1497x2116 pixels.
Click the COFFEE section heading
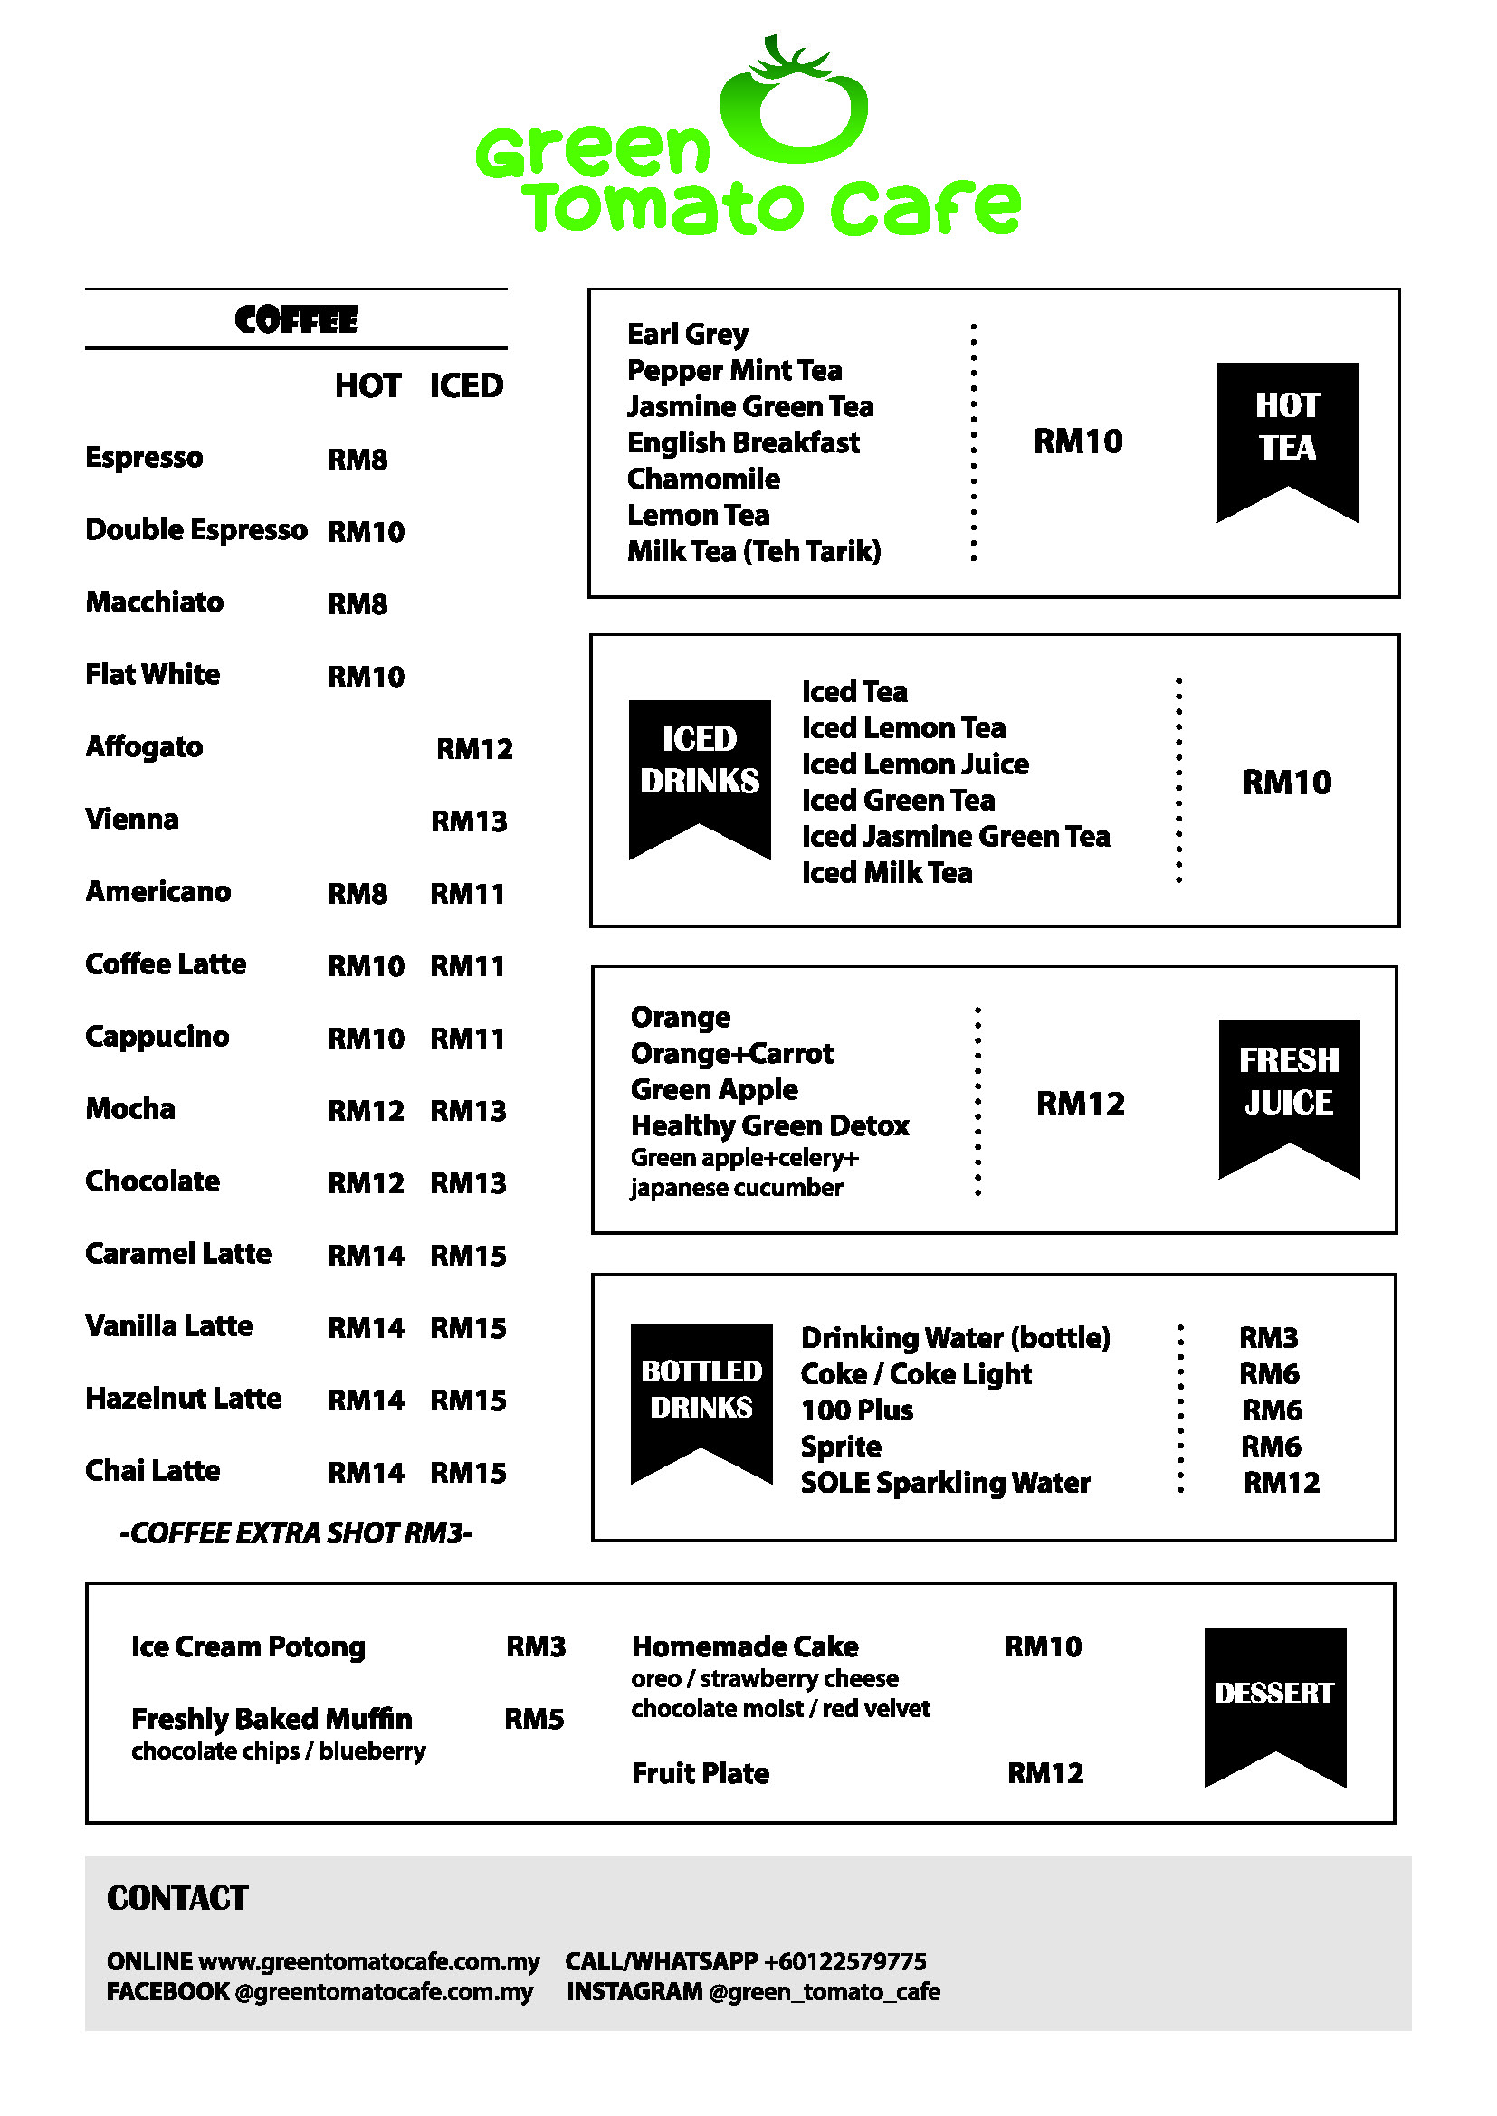tap(295, 319)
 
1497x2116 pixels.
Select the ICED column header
tap(466, 385)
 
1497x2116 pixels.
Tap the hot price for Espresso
tap(358, 459)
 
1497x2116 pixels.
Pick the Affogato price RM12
tap(473, 748)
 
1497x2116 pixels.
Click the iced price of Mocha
tap(468, 1111)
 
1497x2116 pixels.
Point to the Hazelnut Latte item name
tap(183, 1398)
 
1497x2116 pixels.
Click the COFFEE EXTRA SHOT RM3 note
tap(296, 1532)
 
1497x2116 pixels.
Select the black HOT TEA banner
tap(1287, 433)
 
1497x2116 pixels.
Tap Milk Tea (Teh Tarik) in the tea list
tap(754, 551)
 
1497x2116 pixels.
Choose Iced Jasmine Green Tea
tap(955, 836)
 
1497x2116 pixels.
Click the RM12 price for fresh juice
tap(1081, 1103)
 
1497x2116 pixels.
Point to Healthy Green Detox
tap(769, 1125)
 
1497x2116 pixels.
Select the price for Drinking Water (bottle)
tap(1268, 1337)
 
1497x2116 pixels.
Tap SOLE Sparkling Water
tap(945, 1483)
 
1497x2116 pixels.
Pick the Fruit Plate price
tap(1045, 1773)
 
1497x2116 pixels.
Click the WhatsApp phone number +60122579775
tap(844, 1961)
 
